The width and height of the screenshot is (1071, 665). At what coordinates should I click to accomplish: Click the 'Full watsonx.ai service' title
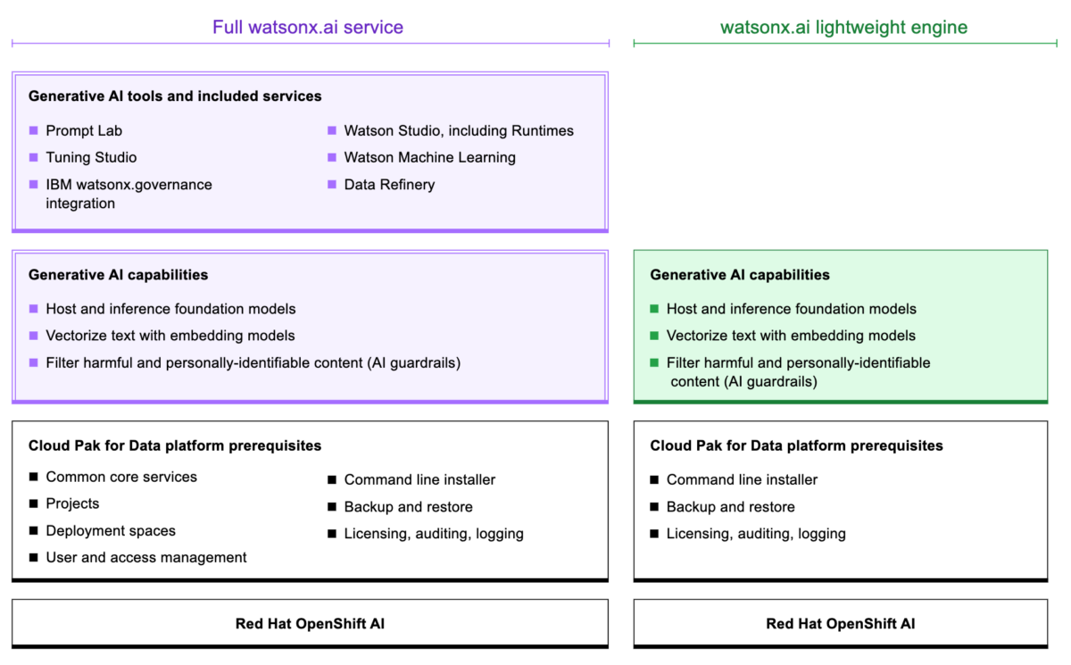click(308, 27)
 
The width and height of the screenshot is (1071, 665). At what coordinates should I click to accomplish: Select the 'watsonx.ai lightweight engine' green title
click(843, 27)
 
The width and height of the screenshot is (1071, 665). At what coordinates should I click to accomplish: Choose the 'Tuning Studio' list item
click(91, 157)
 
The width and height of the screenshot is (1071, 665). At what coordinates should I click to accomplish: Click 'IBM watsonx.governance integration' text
click(129, 194)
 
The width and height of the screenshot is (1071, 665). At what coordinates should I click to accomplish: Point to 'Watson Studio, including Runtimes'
click(459, 130)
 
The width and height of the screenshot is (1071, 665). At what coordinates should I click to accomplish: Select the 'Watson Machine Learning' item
click(429, 157)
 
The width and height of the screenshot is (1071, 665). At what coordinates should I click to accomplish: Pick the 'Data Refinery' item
click(389, 185)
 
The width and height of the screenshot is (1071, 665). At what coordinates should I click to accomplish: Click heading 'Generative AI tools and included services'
click(175, 96)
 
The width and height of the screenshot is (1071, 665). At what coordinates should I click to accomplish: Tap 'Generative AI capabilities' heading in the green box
click(740, 275)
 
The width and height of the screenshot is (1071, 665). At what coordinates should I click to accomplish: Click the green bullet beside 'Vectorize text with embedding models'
click(655, 336)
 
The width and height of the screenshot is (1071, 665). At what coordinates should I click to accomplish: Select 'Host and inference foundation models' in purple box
click(170, 309)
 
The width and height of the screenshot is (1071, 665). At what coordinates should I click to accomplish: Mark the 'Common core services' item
click(121, 477)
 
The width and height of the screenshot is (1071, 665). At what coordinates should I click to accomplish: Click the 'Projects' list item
click(72, 503)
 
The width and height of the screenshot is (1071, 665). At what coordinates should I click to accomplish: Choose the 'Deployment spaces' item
click(111, 530)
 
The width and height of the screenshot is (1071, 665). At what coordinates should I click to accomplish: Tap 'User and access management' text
click(146, 557)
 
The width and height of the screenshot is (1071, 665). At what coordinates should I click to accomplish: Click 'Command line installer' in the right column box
click(742, 479)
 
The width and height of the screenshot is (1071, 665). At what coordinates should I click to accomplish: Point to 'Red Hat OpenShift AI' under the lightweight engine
click(840, 624)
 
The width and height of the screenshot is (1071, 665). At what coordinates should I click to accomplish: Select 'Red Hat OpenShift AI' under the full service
click(310, 624)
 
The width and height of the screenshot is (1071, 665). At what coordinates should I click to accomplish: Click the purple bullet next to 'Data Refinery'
click(332, 185)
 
